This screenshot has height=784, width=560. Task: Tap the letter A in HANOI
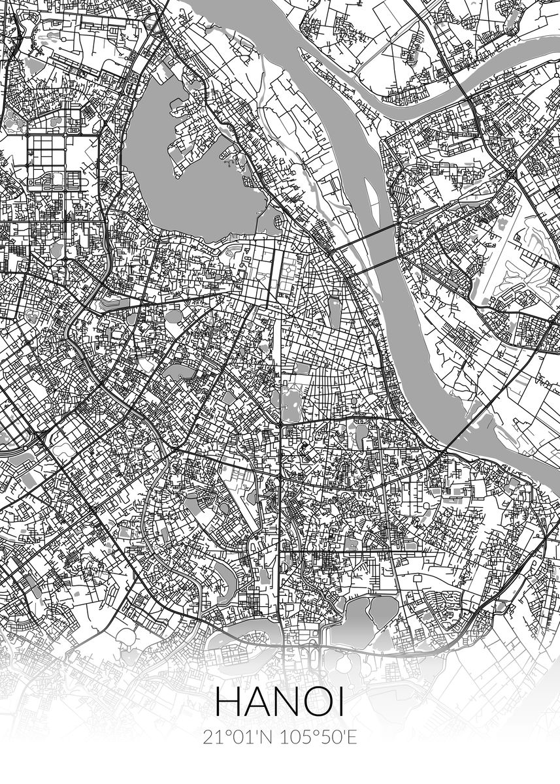pos(257,704)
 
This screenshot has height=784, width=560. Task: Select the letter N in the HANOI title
pos(288,704)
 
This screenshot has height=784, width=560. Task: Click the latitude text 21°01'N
pos(237,738)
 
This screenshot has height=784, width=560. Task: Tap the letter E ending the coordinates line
pos(352,738)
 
